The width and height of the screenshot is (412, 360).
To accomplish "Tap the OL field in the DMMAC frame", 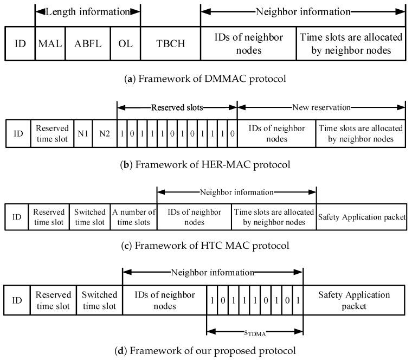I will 125,43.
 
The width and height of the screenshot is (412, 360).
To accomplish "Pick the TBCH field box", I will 170,43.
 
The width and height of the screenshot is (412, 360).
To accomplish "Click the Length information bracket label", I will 87,11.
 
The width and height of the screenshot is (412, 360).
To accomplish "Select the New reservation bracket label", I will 321,108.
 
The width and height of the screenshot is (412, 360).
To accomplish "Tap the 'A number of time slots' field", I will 134,216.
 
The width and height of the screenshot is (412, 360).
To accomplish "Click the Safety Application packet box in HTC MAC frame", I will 362,217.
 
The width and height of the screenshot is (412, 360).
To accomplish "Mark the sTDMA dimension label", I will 255,332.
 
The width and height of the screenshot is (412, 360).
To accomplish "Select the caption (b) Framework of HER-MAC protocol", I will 205,163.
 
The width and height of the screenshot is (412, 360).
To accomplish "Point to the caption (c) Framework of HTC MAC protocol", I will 205,246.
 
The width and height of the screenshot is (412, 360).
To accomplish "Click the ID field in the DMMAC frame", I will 20,43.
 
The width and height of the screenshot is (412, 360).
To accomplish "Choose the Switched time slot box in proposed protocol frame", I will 100,300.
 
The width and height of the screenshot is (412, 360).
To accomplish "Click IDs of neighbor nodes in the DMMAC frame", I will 248,43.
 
